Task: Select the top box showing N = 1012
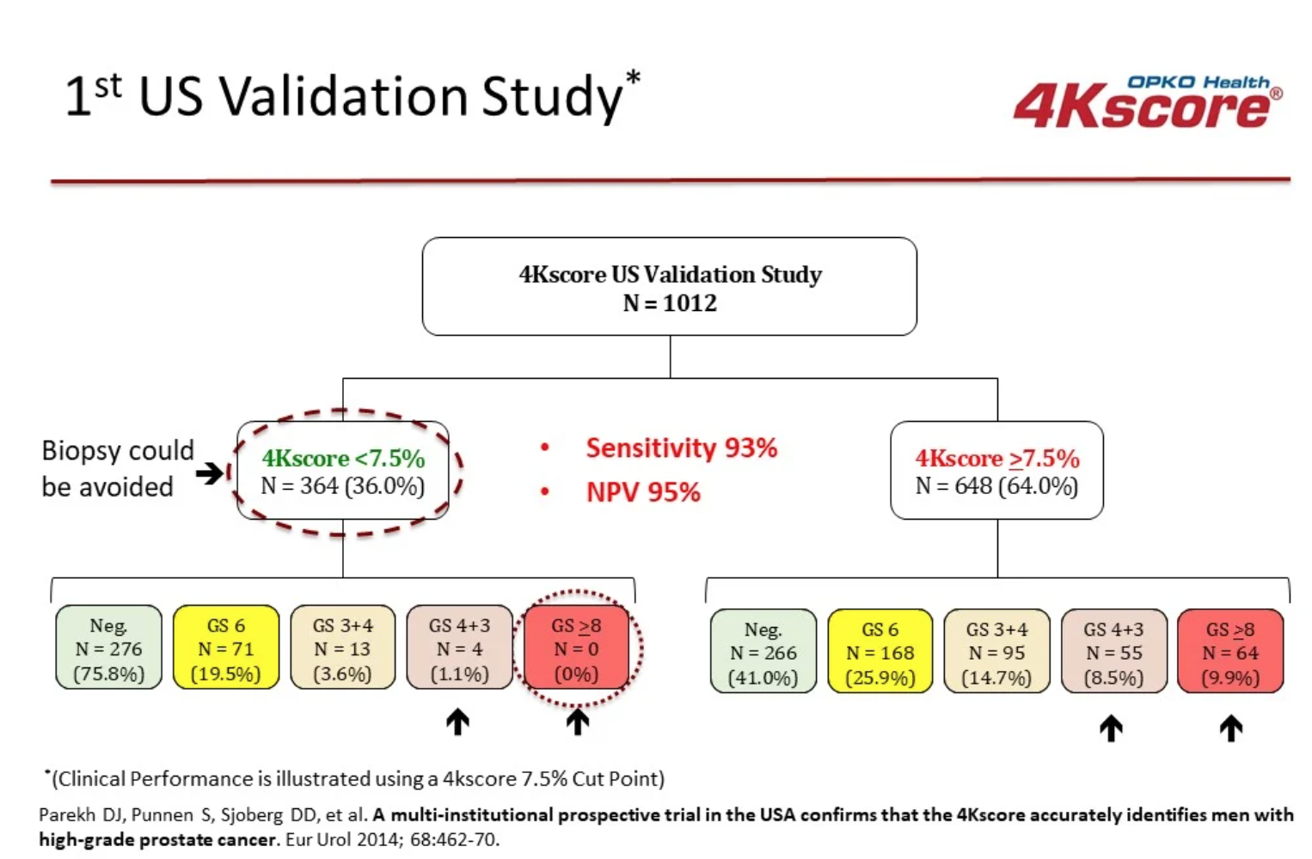tap(669, 287)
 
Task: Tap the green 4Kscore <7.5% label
tap(343, 458)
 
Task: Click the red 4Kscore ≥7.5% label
tap(996, 458)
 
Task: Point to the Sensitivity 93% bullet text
tap(681, 448)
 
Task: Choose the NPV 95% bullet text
tap(643, 492)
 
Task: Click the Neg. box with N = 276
tap(108, 649)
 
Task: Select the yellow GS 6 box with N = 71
tap(226, 649)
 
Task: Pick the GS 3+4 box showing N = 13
tap(342, 649)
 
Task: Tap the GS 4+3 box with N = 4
tap(459, 649)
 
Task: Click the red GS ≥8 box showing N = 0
tap(576, 649)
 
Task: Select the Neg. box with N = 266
tap(763, 653)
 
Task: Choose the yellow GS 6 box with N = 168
tap(880, 653)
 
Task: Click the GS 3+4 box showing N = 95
tap(996, 653)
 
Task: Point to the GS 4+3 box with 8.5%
tap(1113, 653)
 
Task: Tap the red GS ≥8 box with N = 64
tap(1229, 653)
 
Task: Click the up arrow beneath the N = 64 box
tap(1230, 728)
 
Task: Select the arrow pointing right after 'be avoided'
tap(209, 472)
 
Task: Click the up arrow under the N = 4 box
tap(457, 722)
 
